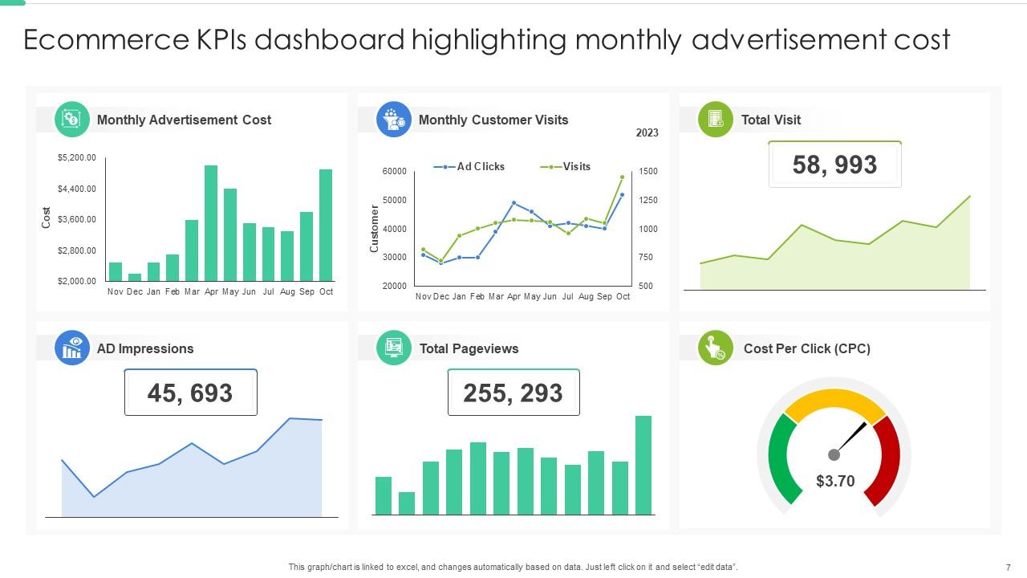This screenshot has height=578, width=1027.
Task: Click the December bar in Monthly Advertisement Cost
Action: tap(135, 277)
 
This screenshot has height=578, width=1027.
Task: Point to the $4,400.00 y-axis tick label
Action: tap(76, 189)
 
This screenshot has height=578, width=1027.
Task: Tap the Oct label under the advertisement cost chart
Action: tap(326, 292)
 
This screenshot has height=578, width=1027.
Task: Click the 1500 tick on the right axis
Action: tap(648, 172)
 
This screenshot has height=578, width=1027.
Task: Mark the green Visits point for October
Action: tap(622, 177)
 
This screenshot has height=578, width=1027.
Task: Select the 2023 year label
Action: tap(647, 133)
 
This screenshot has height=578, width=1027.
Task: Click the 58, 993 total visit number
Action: tap(834, 165)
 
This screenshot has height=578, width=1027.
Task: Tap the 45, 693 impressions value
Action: tap(190, 393)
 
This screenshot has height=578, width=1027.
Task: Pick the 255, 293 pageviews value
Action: tap(513, 393)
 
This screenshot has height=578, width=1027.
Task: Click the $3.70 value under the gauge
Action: tap(834, 481)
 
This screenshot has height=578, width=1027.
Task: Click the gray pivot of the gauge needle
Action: tap(834, 455)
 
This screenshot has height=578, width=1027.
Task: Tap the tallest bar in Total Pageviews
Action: tap(643, 465)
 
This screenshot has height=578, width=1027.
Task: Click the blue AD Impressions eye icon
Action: tap(72, 348)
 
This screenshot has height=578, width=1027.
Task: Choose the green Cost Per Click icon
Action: tap(715, 348)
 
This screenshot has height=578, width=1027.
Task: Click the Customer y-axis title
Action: tap(374, 229)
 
